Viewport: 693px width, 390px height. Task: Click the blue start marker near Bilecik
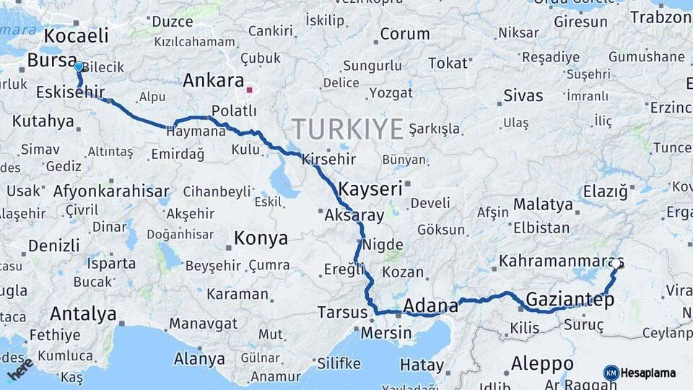[79, 66]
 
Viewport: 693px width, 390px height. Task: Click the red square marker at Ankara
[249, 90]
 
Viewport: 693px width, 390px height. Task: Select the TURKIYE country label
[347, 129]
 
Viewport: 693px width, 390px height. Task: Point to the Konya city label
[261, 238]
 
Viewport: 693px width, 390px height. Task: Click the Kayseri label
[370, 189]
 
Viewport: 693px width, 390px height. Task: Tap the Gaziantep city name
[570, 299]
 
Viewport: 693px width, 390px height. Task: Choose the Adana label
[431, 304]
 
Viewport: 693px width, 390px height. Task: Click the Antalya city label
[83, 314]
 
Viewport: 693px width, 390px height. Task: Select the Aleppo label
[541, 363]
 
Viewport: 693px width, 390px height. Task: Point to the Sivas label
[523, 95]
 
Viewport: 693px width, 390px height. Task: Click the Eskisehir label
[69, 92]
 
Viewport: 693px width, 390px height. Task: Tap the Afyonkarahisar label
[111, 191]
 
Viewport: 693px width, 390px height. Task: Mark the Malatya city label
[543, 204]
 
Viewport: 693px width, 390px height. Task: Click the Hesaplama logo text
[648, 373]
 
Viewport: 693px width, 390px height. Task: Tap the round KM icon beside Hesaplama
[611, 373]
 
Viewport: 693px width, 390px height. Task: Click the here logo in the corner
[20, 368]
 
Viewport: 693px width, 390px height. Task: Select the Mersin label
[385, 333]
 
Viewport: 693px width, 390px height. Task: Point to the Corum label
[405, 34]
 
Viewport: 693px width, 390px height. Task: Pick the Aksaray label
[354, 215]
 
